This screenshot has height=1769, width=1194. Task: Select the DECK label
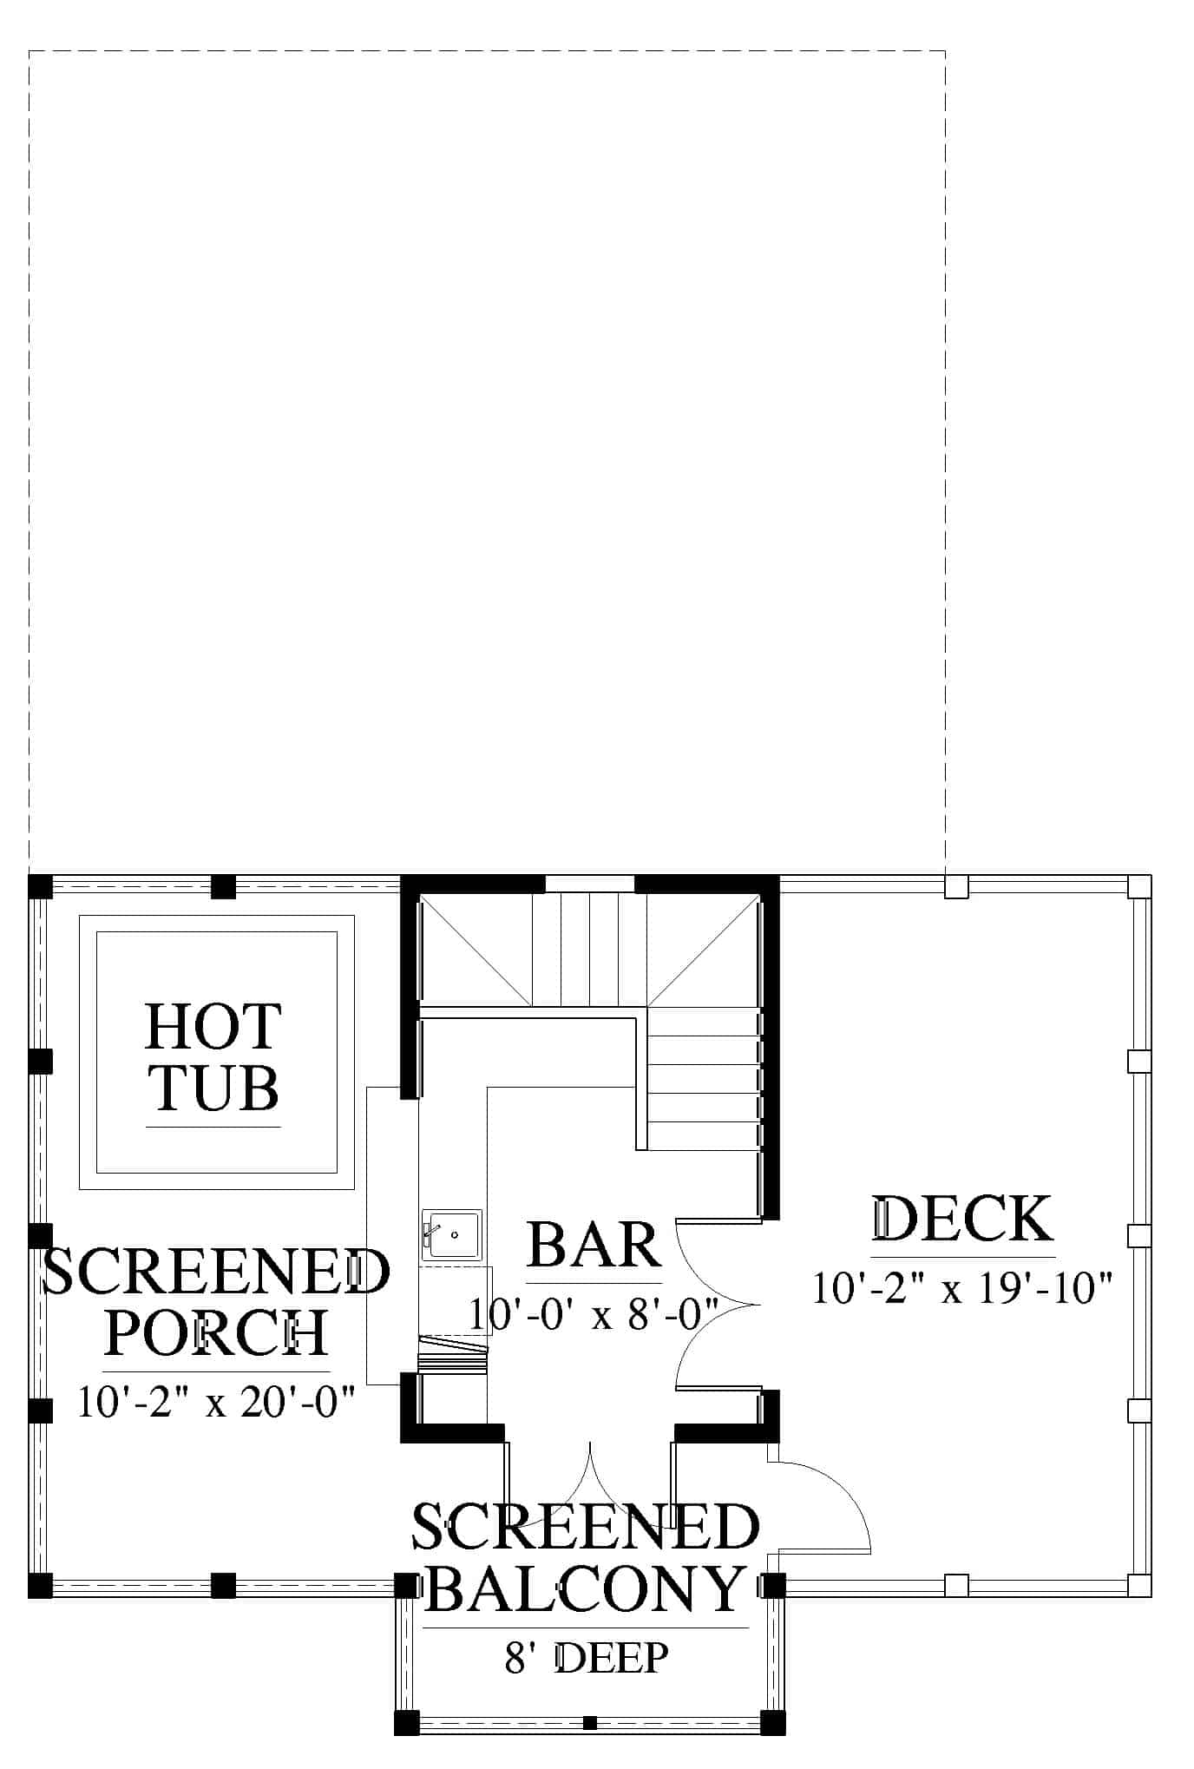(x=962, y=1218)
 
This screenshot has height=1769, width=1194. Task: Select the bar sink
(x=451, y=1234)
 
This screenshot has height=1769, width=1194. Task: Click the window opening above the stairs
(x=590, y=884)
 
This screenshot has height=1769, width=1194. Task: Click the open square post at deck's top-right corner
(x=1139, y=886)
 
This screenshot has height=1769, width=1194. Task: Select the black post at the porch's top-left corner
(x=40, y=886)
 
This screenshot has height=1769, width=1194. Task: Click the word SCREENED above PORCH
(x=216, y=1272)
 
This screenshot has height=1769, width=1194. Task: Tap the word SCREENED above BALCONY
(x=586, y=1528)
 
